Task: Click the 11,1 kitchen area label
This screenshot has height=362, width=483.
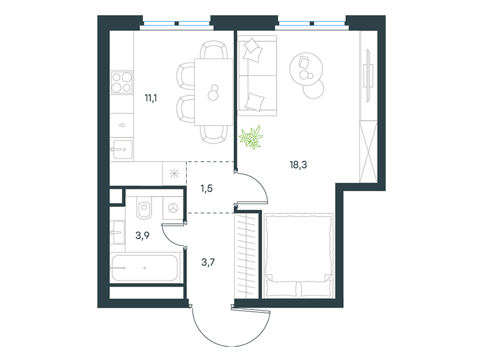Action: point(151,98)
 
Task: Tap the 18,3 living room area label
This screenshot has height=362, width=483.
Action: point(298,165)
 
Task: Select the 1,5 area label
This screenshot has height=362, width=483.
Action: point(206,188)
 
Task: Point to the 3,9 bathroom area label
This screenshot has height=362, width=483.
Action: point(142,235)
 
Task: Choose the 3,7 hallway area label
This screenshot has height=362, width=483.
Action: point(208,262)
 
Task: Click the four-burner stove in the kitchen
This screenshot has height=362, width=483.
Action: point(122,82)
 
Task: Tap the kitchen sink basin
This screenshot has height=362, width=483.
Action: point(123,150)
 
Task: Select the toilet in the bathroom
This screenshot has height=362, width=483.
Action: point(144,208)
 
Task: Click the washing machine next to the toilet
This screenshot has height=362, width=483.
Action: point(173,208)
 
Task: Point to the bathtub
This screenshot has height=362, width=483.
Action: point(146,267)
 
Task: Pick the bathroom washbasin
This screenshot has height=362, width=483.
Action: point(117,232)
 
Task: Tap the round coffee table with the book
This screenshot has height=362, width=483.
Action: point(306,69)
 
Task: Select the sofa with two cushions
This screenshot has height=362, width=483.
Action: point(258,76)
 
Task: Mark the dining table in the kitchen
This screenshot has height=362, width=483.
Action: point(213,92)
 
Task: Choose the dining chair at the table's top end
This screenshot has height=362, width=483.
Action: point(214,51)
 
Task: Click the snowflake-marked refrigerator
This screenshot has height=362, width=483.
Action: point(174,174)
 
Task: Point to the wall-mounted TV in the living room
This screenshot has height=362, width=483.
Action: point(368,76)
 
